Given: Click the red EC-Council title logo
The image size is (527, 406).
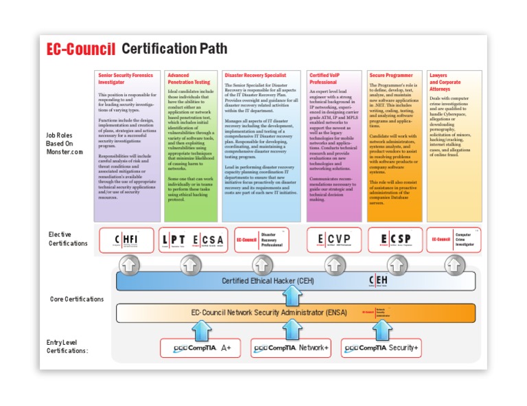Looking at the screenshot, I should pyautogui.click(x=80, y=49).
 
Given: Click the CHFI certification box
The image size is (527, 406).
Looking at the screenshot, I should pyautogui.click(x=127, y=240).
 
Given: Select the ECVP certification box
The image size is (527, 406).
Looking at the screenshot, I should pyautogui.click(x=334, y=240).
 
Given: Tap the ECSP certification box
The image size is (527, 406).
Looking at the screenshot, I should pyautogui.click(x=396, y=240).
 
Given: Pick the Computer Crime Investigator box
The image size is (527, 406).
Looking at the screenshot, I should pyautogui.click(x=454, y=240).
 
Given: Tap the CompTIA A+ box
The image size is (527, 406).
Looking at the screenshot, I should pyautogui.click(x=200, y=348).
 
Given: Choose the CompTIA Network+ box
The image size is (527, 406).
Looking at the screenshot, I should pyautogui.click(x=291, y=348).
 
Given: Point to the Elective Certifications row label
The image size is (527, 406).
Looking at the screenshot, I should pyautogui.click(x=69, y=239).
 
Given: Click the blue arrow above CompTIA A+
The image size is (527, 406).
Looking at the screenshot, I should pyautogui.click(x=200, y=330).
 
